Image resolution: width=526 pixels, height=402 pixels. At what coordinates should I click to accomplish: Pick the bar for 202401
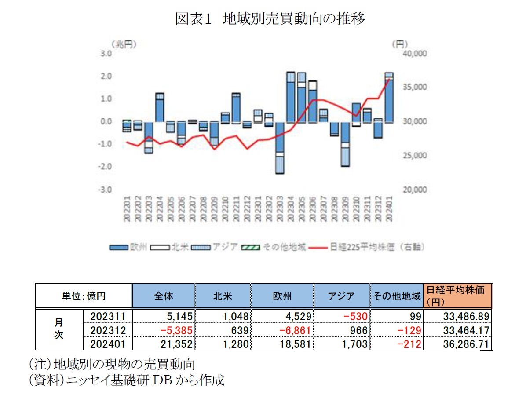389,97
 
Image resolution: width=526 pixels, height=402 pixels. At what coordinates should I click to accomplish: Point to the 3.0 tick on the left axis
107,54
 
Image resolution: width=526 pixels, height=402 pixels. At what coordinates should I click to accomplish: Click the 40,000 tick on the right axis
415,54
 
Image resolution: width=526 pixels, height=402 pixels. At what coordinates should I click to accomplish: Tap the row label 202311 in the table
108,316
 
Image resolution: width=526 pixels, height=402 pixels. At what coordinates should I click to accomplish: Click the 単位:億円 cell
84,296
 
